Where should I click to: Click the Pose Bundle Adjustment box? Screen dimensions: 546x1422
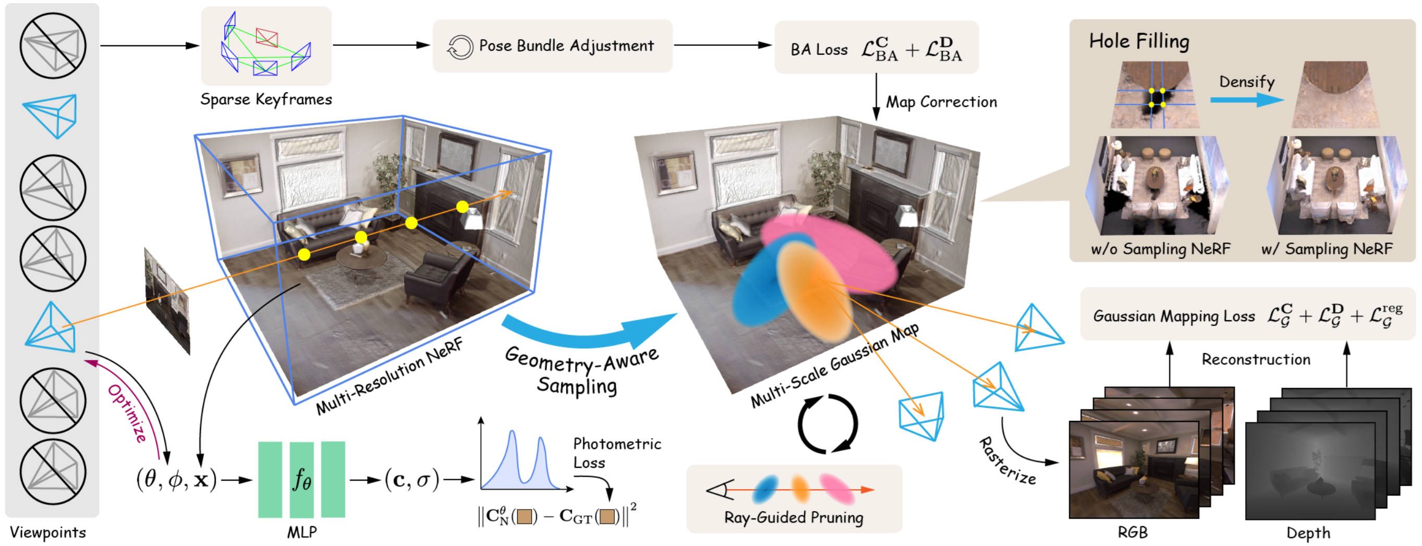[x=552, y=46]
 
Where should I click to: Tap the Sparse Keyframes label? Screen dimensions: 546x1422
[x=266, y=99]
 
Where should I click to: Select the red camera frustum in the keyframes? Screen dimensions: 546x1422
[x=267, y=38]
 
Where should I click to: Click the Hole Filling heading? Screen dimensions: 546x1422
[x=1139, y=41]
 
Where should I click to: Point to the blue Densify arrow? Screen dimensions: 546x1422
[x=1247, y=100]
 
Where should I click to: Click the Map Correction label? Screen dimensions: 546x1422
[x=941, y=102]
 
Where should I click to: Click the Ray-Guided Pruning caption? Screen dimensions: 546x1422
[x=793, y=517]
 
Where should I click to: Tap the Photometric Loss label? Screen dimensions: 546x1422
[x=616, y=453]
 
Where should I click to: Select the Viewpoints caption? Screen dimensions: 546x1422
[x=48, y=533]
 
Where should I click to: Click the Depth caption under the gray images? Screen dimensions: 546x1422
[x=1308, y=533]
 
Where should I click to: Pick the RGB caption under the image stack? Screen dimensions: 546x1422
[x=1133, y=533]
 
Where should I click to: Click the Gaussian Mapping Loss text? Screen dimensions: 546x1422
[x=1174, y=316]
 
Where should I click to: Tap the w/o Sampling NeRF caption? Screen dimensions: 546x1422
[x=1161, y=249]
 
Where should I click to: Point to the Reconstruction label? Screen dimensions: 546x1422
[x=1256, y=360]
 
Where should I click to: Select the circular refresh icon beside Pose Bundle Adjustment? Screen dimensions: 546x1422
[x=460, y=47]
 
